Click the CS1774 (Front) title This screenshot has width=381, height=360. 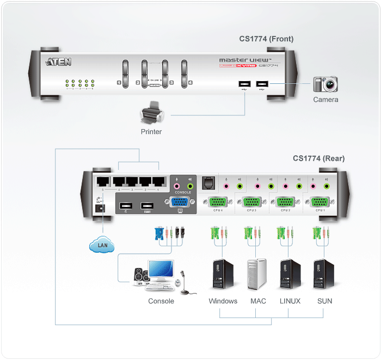coord(266,39)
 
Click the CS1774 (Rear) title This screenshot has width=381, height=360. coord(318,158)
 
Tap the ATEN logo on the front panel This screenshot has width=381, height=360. coord(57,62)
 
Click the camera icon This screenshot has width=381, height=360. coord(325,84)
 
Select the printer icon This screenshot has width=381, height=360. coord(151,115)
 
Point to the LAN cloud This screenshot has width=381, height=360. coord(102,246)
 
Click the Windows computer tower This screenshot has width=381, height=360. coord(223,274)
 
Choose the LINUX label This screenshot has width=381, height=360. coord(290,301)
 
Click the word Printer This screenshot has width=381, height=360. coord(151,131)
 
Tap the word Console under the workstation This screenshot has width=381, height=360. coord(161,301)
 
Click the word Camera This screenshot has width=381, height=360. coord(325,100)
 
